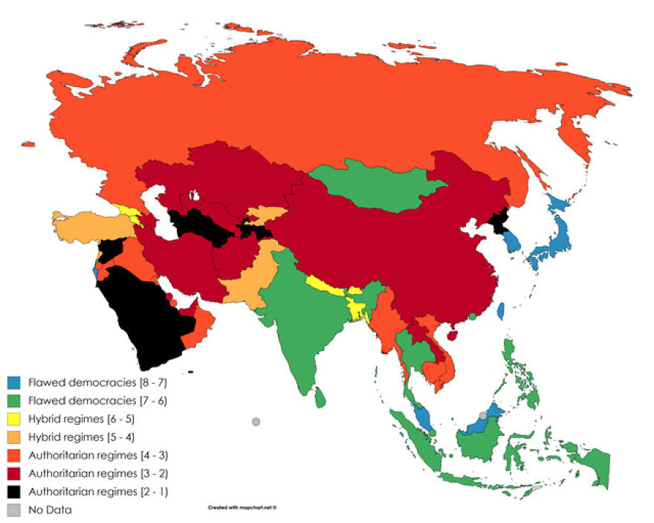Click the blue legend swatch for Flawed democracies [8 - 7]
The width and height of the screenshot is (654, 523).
13,384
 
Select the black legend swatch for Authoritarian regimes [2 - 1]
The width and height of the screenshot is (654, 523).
13,491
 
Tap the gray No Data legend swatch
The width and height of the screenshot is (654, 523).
13,510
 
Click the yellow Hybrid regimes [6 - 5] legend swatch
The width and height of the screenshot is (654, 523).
13,420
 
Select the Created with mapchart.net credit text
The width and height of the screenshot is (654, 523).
242,507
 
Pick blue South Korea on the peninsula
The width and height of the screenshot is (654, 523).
510,243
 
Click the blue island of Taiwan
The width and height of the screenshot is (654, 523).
502,310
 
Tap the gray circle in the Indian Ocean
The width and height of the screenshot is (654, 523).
256,422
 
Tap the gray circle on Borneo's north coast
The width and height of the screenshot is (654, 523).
482,415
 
